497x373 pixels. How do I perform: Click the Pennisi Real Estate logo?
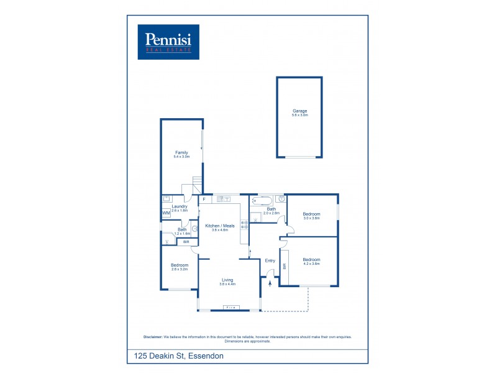click(x=168, y=42)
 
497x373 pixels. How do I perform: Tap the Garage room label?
click(x=300, y=111)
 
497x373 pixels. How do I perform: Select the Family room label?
click(x=181, y=152)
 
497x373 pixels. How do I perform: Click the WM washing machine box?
click(x=166, y=213)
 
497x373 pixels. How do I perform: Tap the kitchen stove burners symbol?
click(x=244, y=226)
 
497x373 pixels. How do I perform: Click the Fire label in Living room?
click(x=229, y=308)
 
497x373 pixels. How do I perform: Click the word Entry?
click(x=270, y=260)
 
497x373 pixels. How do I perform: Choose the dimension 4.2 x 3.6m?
click(x=311, y=264)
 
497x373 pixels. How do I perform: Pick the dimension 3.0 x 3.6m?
click(x=311, y=218)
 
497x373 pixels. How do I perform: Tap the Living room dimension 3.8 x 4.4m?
click(x=227, y=284)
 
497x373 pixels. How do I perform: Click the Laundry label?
click(x=180, y=206)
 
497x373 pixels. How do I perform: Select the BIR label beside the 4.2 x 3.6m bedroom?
click(x=285, y=266)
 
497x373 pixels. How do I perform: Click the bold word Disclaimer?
click(x=153, y=336)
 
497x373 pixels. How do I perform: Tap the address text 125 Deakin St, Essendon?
click(x=178, y=356)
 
